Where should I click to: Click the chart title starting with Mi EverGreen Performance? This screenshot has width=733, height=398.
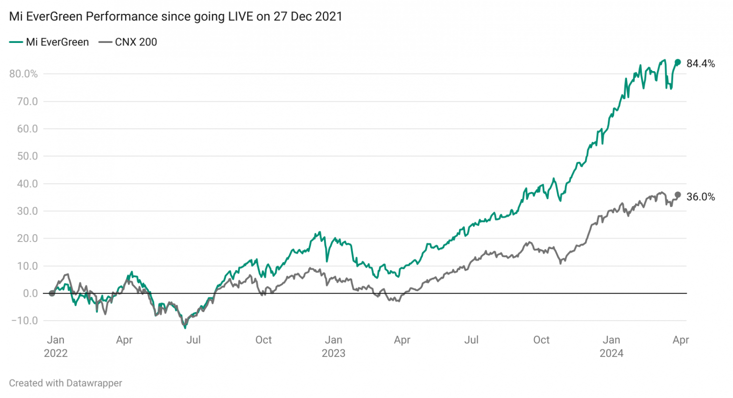click(176, 16)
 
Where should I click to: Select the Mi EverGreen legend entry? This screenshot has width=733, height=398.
click(49, 42)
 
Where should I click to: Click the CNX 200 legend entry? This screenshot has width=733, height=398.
click(128, 42)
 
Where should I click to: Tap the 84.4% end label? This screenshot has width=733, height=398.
click(700, 63)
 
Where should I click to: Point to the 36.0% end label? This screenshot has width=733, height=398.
click(700, 197)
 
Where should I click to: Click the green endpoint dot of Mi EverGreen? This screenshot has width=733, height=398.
click(678, 62)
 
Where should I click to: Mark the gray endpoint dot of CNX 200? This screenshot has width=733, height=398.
click(678, 195)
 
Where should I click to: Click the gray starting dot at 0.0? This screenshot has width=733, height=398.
click(52, 293)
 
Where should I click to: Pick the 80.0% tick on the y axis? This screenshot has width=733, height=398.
click(23, 73)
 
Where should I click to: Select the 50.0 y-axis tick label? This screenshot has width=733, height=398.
click(27, 156)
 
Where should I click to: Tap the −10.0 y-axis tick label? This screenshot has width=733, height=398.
click(24, 321)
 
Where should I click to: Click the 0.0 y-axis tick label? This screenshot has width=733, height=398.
click(30, 293)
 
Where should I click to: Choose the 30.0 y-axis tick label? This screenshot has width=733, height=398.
click(27, 211)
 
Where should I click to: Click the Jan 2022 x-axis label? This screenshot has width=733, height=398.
click(56, 346)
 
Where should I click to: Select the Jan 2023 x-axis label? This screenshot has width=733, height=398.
click(333, 346)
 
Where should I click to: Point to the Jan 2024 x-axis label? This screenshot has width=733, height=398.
click(611, 346)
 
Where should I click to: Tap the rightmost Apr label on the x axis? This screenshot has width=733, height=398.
click(681, 340)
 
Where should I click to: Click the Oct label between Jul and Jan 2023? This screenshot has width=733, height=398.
click(263, 340)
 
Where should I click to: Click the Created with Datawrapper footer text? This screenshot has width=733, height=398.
click(65, 383)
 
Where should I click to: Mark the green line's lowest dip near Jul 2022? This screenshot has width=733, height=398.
click(185, 327)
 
